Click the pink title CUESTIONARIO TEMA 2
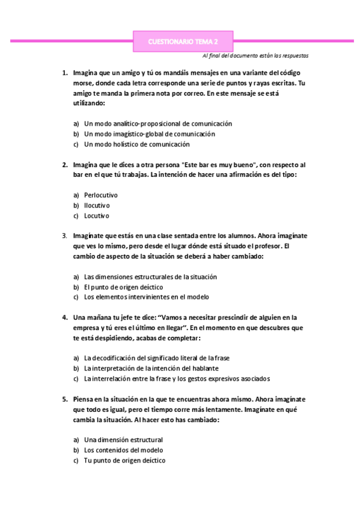click(183, 41)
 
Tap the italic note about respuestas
click(256, 55)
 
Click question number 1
click(65, 72)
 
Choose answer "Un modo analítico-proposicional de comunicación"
click(158, 123)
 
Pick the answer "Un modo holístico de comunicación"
click(137, 144)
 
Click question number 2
click(65, 164)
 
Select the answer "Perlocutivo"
click(101, 195)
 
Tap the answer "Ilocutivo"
click(97, 205)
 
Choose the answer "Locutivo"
click(97, 215)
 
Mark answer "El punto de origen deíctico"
click(123, 287)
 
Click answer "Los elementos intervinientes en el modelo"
click(147, 297)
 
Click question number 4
click(65, 317)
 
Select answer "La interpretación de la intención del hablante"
click(151, 368)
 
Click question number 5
click(65, 399)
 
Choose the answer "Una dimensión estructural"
click(123, 440)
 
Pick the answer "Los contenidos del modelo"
click(123, 450)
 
